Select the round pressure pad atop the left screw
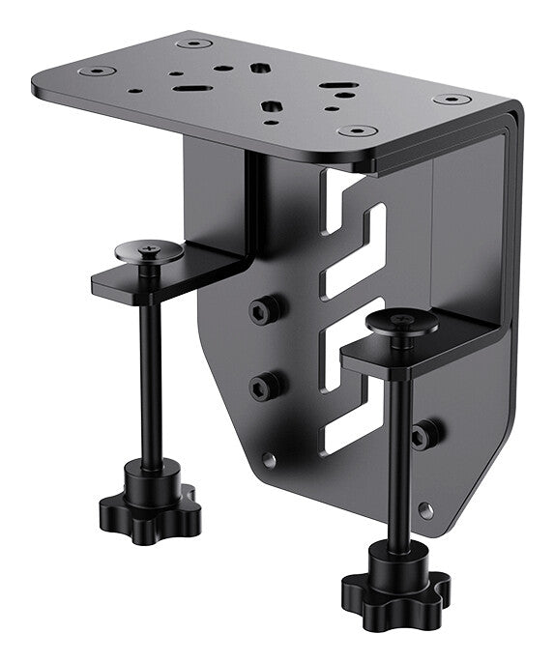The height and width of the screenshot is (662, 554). click(x=149, y=251)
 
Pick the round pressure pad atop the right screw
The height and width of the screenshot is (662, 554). click(x=399, y=324)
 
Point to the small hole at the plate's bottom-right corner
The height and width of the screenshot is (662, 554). click(x=426, y=509)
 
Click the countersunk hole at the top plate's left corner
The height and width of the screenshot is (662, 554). click(x=100, y=72)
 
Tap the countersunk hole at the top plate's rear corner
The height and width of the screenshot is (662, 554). click(x=193, y=43)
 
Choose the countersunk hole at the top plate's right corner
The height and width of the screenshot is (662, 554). click(x=451, y=99)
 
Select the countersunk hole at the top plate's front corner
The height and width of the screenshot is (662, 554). click(x=358, y=130)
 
